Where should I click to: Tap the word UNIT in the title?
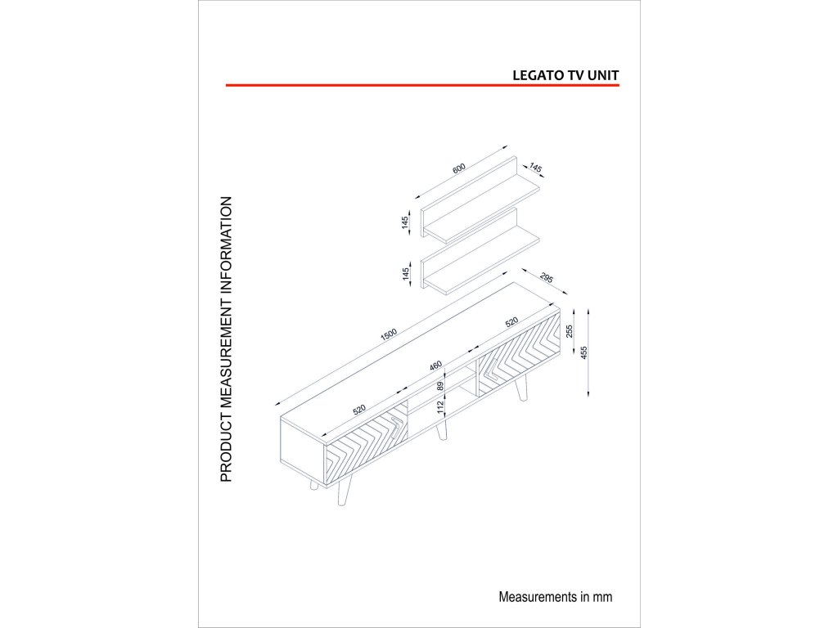[603, 74]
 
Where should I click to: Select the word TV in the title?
[574, 74]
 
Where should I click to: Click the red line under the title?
[421, 84]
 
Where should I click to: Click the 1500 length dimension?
[388, 334]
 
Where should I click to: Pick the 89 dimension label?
[440, 385]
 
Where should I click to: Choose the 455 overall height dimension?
[583, 352]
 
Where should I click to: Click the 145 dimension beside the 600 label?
[535, 168]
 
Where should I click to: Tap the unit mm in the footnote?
[602, 597]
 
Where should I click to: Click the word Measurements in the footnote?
[534, 597]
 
